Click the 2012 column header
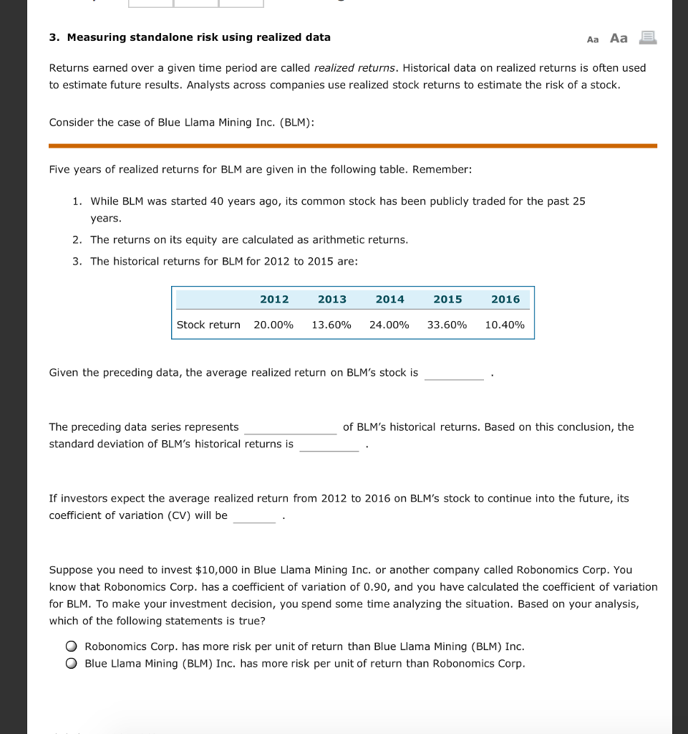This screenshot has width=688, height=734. pos(274,299)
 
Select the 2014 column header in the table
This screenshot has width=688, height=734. pos(389,299)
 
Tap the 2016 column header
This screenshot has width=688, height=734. pos(505,299)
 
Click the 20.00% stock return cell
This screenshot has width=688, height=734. pos(273,325)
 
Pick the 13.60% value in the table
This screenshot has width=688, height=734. pos(331,325)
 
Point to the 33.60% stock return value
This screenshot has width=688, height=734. pos(447,325)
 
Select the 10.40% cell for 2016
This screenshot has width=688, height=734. pos(505,325)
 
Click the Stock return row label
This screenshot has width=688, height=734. pos(208,325)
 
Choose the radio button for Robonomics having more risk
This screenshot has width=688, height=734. pos(72,647)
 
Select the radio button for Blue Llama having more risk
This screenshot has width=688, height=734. pos(72,664)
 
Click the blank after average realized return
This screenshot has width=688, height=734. pos(454,373)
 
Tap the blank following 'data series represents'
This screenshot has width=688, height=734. pos(290,428)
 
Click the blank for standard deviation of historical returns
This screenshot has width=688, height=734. pos(329,445)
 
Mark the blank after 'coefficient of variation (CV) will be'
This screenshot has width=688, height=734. pos(254,517)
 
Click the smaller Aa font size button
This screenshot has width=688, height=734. pos(593,39)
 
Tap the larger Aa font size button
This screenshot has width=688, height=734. pos(619,38)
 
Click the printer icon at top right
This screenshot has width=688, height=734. pos(647,38)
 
